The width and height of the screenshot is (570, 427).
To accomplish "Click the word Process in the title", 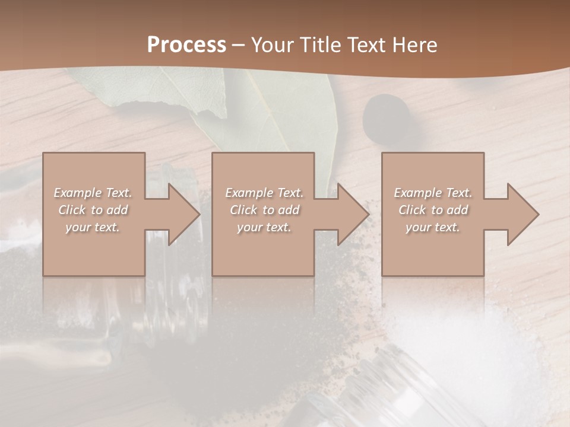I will (186, 44).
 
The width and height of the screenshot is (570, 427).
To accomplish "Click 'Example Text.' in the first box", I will (93, 193).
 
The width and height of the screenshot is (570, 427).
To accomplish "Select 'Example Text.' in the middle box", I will (264, 193).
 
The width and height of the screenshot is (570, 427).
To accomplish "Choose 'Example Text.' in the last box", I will (433, 193).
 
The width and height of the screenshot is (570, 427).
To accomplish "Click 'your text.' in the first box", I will (93, 227).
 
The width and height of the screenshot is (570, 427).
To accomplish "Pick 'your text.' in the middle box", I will (264, 227).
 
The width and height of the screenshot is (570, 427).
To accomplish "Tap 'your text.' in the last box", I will (433, 227).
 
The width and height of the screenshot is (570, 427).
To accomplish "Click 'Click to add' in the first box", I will (93, 210).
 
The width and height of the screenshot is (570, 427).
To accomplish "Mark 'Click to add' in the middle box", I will (264, 210).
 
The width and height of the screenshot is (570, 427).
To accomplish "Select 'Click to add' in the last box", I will (433, 210).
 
